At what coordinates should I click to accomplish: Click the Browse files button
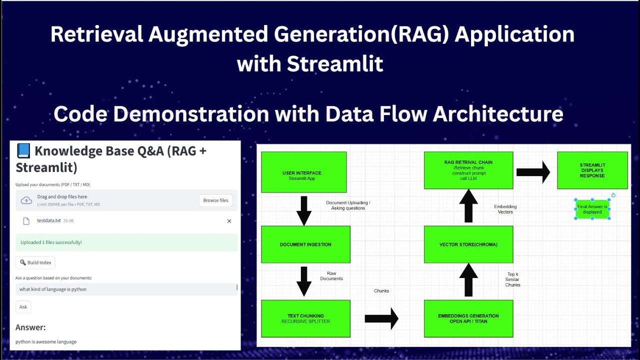point(215,200)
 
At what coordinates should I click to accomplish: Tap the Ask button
point(23,307)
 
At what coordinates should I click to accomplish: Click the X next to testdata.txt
point(229,221)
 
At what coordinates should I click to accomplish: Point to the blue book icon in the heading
point(23,150)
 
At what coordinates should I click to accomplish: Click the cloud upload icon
point(26,200)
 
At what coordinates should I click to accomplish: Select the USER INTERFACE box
point(303,172)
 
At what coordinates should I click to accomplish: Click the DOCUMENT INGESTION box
point(305,244)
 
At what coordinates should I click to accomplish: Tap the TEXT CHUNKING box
point(305,318)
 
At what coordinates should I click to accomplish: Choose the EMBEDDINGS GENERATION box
point(468,318)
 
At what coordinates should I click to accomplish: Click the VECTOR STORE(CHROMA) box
point(468,244)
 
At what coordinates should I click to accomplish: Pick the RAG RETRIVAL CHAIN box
point(468,170)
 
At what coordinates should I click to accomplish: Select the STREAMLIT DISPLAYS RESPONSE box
point(592,170)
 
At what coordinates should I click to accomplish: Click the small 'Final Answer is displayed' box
point(592,209)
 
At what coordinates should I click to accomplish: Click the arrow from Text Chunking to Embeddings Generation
point(381,318)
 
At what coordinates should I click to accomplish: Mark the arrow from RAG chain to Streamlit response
point(533,172)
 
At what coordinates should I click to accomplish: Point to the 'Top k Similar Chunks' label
point(512,279)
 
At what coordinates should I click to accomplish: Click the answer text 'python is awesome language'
point(46,342)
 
